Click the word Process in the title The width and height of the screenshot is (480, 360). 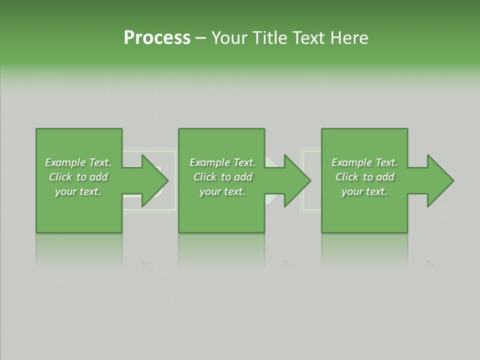click(x=157, y=38)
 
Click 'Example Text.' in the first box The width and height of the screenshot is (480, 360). click(x=78, y=162)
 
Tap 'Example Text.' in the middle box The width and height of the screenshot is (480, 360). click(x=222, y=162)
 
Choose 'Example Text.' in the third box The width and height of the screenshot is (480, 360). click(x=364, y=162)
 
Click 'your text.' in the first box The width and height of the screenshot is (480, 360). click(x=78, y=191)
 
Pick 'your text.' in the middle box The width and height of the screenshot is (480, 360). click(x=222, y=191)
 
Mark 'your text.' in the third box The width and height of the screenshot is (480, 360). click(x=364, y=191)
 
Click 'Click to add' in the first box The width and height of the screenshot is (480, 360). click(x=78, y=177)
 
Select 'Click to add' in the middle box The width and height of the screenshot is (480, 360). click(x=222, y=177)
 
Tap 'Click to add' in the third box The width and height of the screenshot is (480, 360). click(x=364, y=177)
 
